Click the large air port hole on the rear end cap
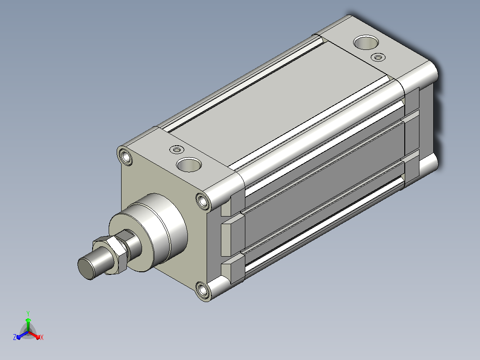click(366, 42)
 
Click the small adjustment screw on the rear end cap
click(378, 57)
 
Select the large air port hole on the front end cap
click(189, 164)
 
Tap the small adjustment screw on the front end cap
click(177, 150)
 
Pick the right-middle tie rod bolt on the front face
click(203, 201)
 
